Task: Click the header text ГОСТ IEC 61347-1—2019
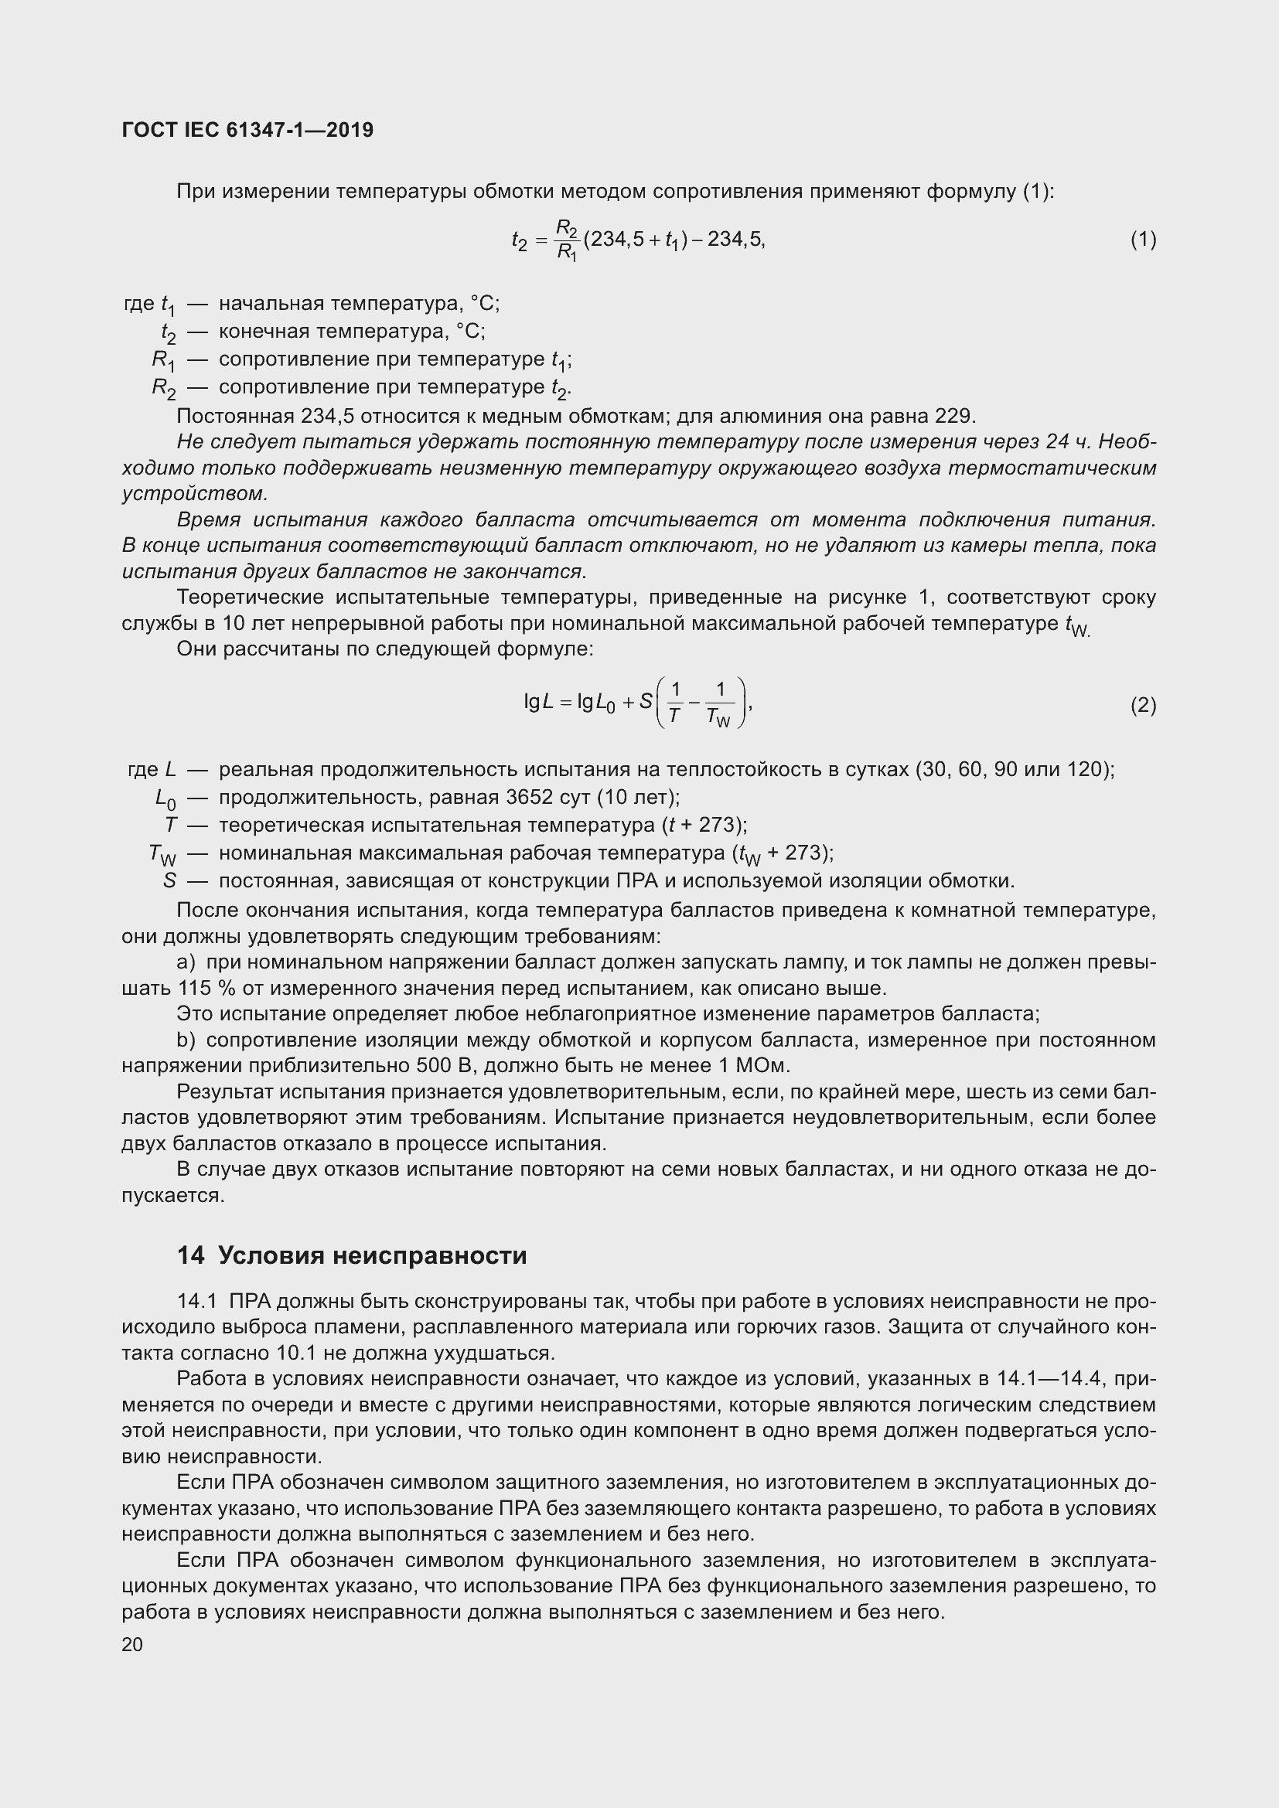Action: coord(247,130)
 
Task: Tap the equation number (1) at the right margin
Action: coord(1143,240)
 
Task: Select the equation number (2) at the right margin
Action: coord(1143,705)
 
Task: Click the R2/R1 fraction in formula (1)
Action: coord(566,240)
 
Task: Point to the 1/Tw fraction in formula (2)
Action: coord(718,703)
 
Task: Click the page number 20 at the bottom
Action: coord(132,1644)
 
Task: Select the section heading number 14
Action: coord(190,1255)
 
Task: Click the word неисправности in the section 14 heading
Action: coord(428,1255)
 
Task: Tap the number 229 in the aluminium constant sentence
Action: coord(954,416)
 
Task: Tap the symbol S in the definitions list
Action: coord(169,880)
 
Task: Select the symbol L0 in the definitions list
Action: coord(165,798)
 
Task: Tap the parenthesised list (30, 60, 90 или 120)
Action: coord(1015,769)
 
